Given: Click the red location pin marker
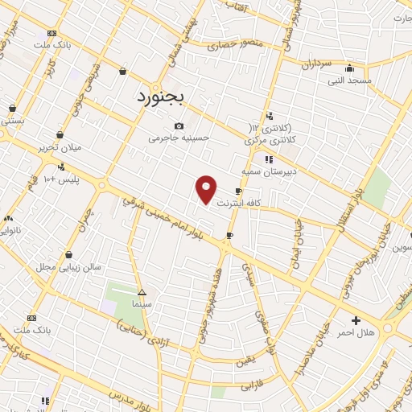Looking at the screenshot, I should (x=207, y=189).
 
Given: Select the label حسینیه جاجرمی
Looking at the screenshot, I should (x=179, y=138).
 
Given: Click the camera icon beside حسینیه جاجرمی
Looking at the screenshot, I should (x=179, y=126).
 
